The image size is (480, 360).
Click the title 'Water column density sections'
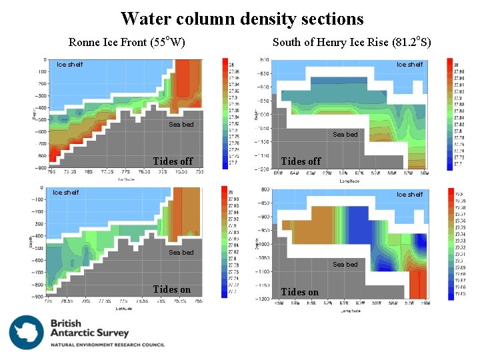pos(242,19)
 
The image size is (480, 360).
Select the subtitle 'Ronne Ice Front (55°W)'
pos(127,43)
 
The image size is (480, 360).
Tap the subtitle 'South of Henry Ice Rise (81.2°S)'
pos(352,43)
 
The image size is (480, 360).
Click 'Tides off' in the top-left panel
pos(172,161)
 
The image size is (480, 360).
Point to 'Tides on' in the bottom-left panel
pos(171,289)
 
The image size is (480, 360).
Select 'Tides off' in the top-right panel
pos(301,161)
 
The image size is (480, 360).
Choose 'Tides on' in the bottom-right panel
pos(300,292)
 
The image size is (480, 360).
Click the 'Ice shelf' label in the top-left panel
pos(69,65)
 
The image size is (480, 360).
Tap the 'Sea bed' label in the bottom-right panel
pos(345,265)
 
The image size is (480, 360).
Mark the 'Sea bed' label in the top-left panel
pos(181,124)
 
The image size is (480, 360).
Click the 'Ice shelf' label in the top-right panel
pos(409,65)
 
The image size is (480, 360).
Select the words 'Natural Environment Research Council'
pos(107,345)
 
